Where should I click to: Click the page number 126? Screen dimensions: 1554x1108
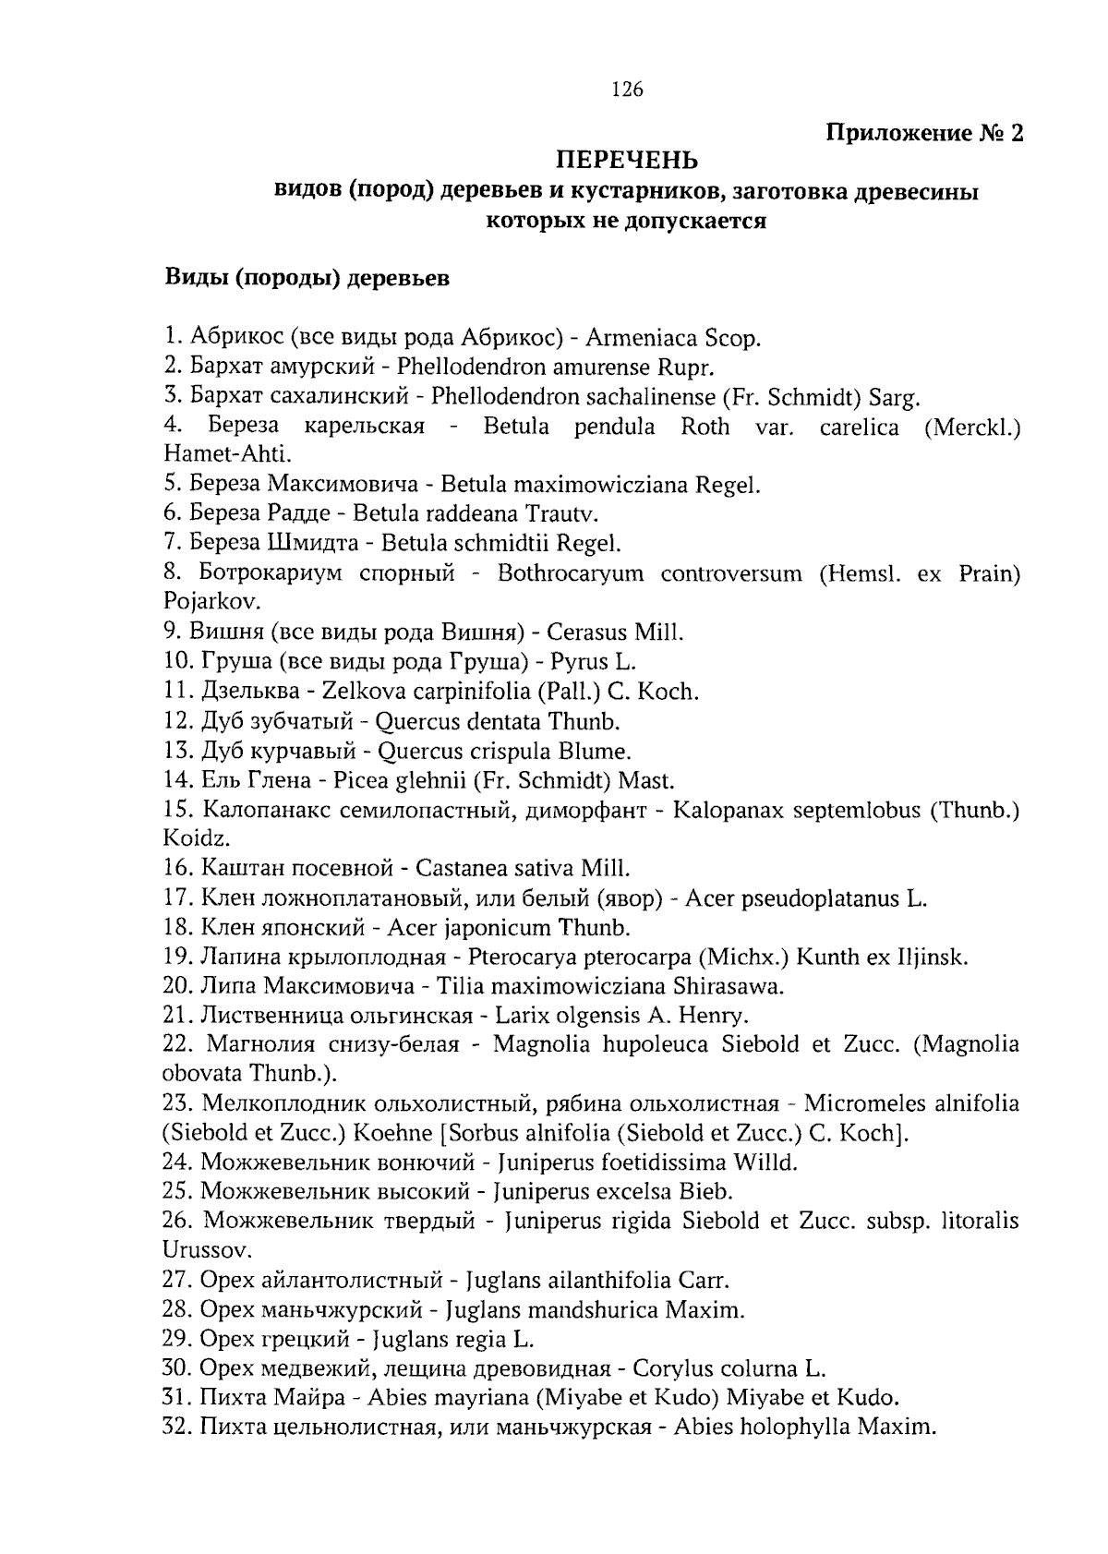(627, 90)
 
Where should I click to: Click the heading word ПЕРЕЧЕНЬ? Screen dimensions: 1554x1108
(626, 161)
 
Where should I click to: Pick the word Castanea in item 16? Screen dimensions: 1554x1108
(458, 868)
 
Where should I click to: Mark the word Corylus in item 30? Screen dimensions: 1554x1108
(671, 1368)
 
